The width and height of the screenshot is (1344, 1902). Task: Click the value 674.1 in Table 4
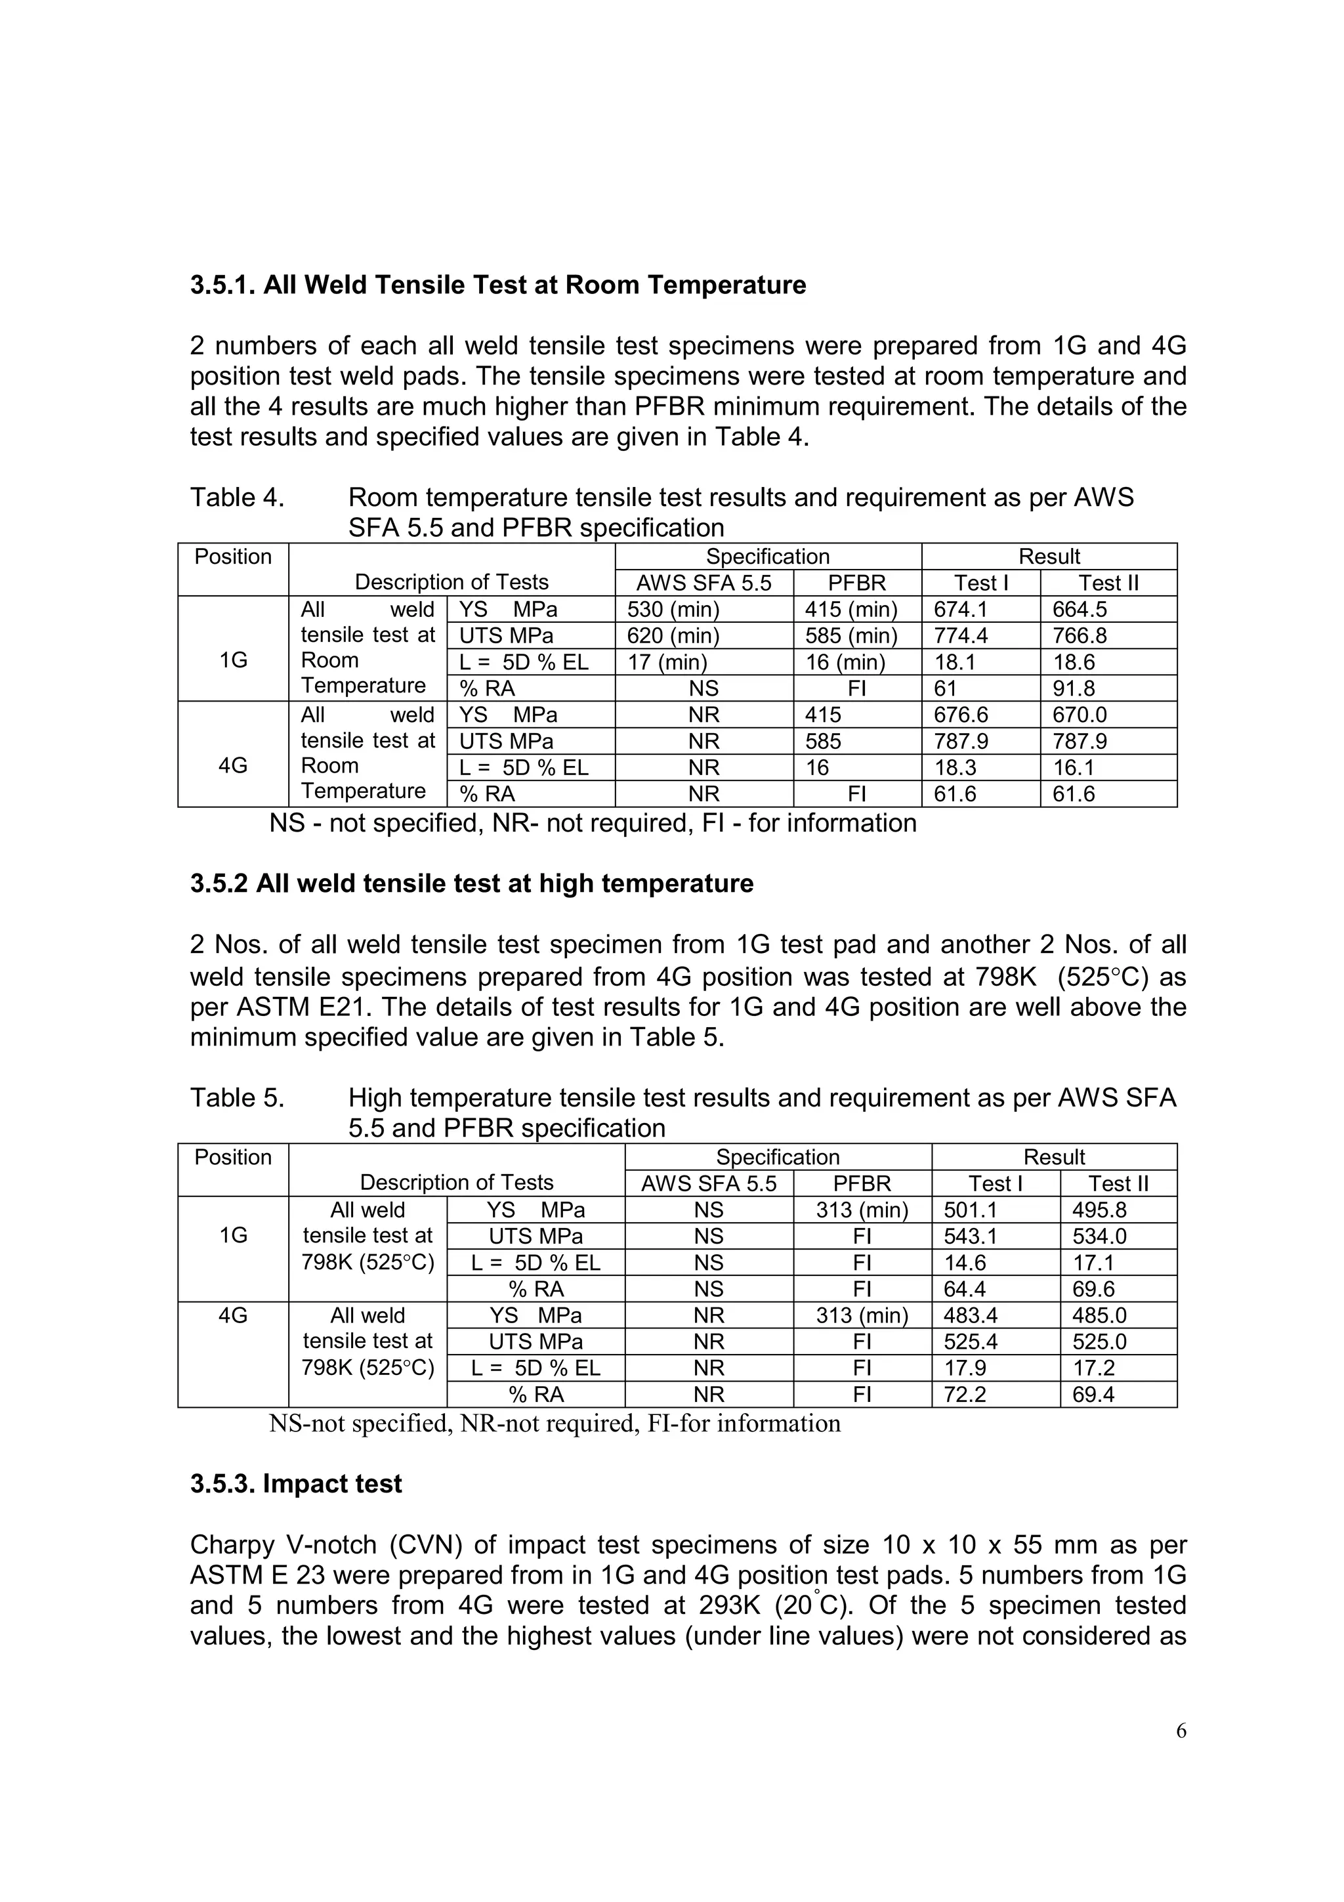pos(961,610)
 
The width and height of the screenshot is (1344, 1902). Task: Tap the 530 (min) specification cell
pos(673,610)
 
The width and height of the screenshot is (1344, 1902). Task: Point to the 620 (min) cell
pos(673,636)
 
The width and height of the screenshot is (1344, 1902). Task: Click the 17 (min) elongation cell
pos(667,663)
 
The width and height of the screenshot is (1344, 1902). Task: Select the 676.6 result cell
pos(961,715)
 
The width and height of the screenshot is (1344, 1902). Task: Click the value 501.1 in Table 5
pos(971,1210)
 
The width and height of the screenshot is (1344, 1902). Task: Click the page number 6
pos(1181,1731)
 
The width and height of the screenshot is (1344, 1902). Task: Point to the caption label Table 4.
pos(237,498)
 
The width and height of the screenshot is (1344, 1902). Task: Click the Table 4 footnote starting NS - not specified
pos(592,824)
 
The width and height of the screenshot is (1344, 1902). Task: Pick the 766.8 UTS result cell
pos(1079,636)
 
